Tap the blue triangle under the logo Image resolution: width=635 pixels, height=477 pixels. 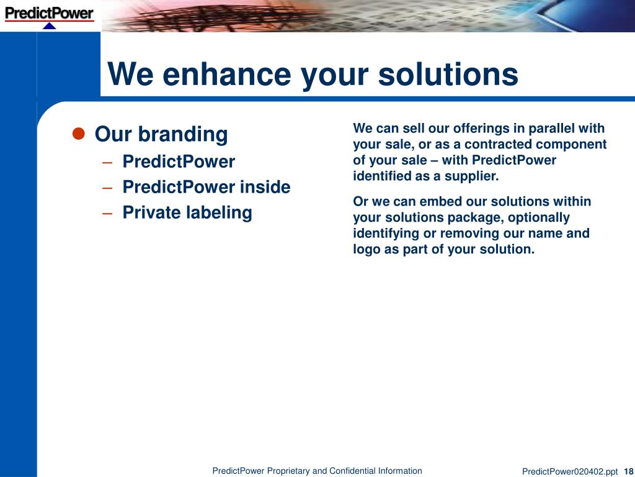pyautogui.click(x=49, y=26)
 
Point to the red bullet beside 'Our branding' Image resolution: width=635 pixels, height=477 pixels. pyautogui.click(x=78, y=134)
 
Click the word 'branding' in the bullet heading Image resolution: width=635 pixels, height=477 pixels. pyautogui.click(x=183, y=134)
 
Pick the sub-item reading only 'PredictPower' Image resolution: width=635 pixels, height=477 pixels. pyautogui.click(x=179, y=161)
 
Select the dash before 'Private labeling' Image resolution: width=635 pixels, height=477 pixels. pyautogui.click(x=107, y=214)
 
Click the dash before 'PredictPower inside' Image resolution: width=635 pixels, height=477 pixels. pyautogui.click(x=107, y=188)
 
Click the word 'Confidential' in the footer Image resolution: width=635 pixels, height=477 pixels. pyautogui.click(x=352, y=471)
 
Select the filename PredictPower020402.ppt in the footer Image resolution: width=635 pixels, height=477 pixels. pyautogui.click(x=570, y=471)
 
